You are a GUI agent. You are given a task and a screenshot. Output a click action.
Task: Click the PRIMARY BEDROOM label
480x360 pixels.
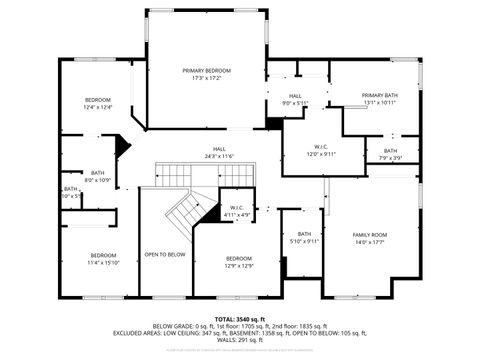(x=207, y=70)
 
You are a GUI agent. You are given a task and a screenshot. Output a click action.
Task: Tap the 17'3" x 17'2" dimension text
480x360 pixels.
(x=207, y=78)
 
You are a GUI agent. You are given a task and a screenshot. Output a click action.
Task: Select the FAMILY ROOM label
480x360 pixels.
(x=370, y=234)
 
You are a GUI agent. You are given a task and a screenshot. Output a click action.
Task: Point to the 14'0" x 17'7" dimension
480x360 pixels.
(x=370, y=242)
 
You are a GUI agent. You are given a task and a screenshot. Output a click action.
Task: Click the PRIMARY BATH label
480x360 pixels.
(x=379, y=94)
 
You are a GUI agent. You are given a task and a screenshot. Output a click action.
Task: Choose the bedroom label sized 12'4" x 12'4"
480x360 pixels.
(x=97, y=99)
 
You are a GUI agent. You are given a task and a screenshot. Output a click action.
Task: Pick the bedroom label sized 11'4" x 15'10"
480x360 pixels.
(x=103, y=254)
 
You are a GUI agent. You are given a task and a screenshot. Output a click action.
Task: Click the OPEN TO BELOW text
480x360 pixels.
(x=164, y=254)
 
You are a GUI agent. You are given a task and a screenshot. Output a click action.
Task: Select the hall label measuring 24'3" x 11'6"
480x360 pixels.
(x=218, y=149)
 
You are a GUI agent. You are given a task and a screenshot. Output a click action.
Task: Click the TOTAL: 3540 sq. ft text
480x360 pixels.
(x=240, y=319)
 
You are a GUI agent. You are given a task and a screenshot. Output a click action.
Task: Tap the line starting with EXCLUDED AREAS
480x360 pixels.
(x=240, y=333)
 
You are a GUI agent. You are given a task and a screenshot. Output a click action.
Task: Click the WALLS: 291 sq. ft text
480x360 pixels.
(x=240, y=340)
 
